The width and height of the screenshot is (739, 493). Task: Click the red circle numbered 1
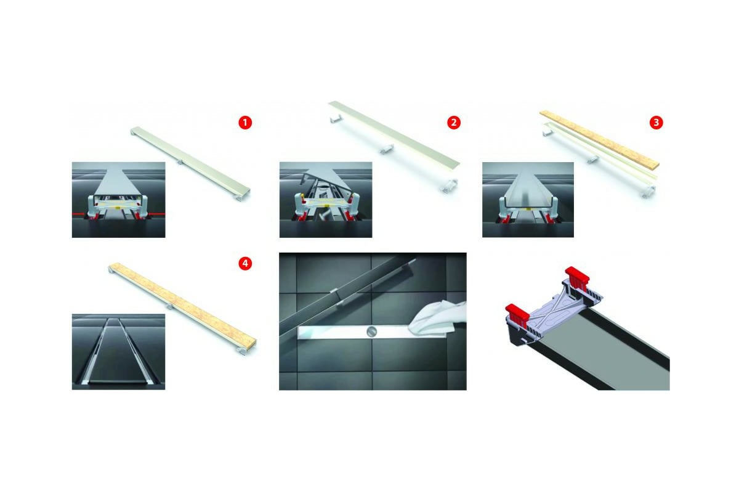coord(245,123)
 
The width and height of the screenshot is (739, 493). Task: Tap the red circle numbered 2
coord(454,123)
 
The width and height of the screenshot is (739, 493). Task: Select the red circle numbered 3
coord(656,123)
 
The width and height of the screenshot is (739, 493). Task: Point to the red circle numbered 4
coord(245,264)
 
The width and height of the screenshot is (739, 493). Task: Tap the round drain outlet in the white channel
coord(372,332)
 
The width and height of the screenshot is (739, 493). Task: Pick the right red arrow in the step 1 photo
coord(156,215)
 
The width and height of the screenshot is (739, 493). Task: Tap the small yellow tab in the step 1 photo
coord(118,208)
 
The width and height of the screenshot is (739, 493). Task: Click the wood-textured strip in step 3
coord(599,139)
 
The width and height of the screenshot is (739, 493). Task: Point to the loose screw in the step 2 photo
coord(321,226)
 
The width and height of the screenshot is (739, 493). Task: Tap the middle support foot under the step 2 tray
coord(386,149)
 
